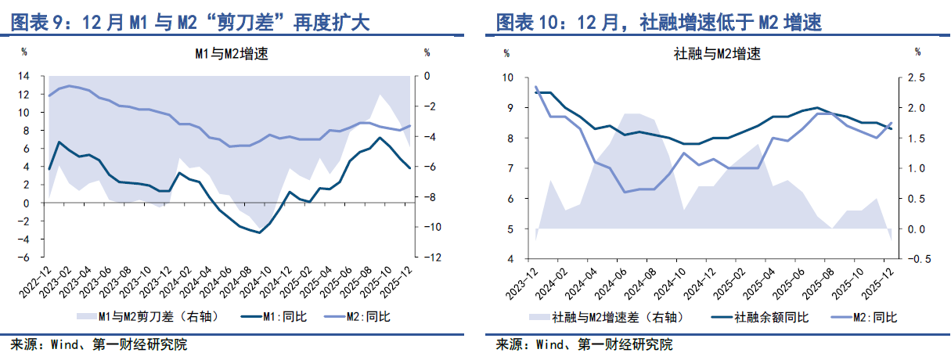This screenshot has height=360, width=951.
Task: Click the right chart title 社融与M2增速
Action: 717,54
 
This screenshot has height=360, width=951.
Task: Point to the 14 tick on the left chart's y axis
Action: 24,76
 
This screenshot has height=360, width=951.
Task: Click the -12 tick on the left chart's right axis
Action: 429,257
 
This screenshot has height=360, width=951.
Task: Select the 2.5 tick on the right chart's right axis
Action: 917,77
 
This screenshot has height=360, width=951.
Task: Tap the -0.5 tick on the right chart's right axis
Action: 916,259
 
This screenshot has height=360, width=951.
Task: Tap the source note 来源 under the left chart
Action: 24,344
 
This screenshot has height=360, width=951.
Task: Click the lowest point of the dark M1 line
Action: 259,232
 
